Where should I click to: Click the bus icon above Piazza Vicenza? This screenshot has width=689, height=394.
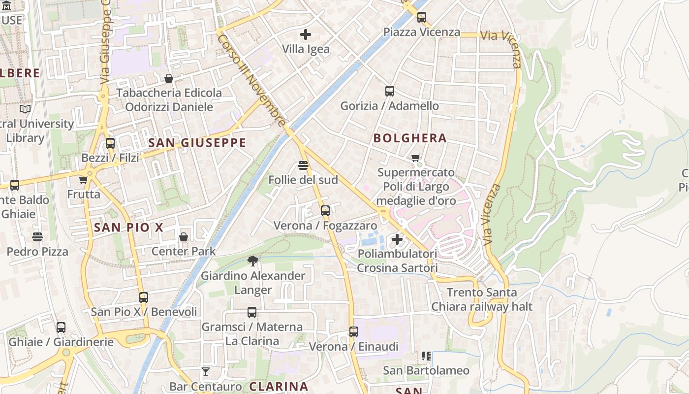pos(422,17)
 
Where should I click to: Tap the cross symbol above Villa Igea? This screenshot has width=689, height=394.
pos(306,34)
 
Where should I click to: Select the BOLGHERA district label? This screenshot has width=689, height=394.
pos(410,138)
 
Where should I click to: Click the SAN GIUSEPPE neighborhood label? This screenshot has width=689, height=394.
pos(197,143)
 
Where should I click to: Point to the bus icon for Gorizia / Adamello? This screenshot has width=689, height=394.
pos(390,91)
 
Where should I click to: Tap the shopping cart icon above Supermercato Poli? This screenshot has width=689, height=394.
pos(416,158)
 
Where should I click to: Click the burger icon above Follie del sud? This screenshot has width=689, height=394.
pos(303,165)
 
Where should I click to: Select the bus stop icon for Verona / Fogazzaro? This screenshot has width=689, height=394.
pos(325,211)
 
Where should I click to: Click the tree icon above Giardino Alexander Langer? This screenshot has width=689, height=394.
pos(253,261)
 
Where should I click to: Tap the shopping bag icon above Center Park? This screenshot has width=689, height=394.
pos(184,237)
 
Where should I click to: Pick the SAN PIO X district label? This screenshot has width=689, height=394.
pos(128,228)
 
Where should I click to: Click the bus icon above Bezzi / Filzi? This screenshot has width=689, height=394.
pos(110,143)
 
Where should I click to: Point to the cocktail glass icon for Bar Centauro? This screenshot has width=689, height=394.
pos(206,371)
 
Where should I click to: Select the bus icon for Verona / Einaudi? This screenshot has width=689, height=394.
pos(354,331)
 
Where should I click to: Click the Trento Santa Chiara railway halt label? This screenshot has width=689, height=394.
pos(482,299)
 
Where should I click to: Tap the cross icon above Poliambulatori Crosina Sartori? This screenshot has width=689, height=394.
pos(397,239)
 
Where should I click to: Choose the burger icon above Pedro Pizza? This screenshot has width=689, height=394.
pos(37,237)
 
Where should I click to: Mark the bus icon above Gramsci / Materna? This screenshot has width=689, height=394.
pos(252,312)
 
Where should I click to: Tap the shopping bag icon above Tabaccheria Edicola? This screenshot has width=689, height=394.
pos(169,78)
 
